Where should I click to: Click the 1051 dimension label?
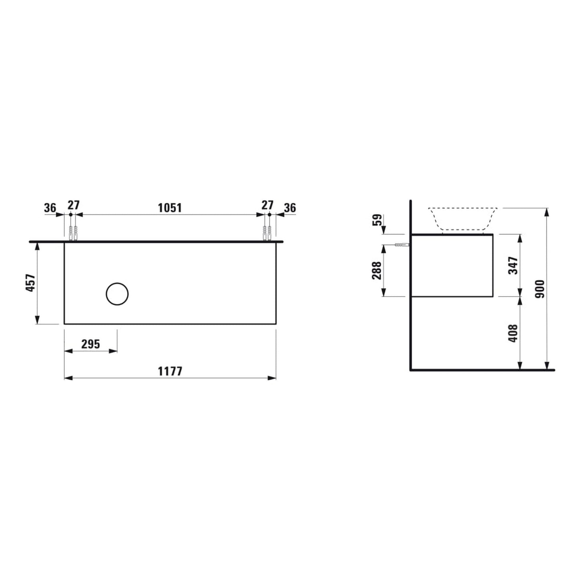tap(170, 208)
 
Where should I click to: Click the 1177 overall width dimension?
tap(170, 371)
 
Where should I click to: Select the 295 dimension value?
tap(91, 344)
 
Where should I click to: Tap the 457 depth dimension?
tap(30, 282)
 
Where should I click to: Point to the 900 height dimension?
tap(540, 289)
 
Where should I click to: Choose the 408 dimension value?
tap(513, 333)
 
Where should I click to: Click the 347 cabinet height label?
tap(513, 265)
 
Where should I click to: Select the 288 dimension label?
tap(377, 270)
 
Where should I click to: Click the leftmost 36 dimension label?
tap(50, 208)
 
